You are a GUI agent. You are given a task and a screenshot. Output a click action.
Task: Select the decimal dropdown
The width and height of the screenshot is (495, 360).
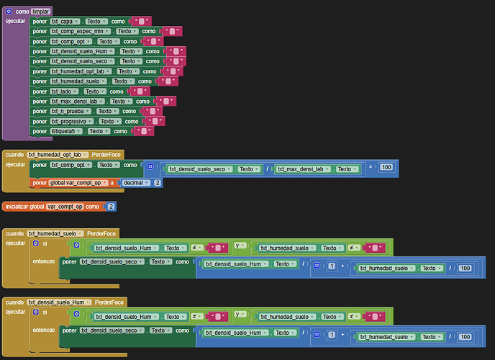(135, 183)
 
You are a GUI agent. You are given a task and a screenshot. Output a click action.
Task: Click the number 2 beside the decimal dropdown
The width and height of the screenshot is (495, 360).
(158, 183)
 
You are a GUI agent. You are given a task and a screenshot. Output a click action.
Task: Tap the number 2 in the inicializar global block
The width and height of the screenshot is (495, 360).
(111, 207)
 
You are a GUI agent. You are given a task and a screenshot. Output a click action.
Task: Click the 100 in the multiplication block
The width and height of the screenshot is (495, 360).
(387, 168)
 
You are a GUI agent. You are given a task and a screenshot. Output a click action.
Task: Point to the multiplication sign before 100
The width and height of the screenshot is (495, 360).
(371, 168)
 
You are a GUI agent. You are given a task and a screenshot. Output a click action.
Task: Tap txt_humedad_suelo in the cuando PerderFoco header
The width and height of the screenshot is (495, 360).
(53, 233)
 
